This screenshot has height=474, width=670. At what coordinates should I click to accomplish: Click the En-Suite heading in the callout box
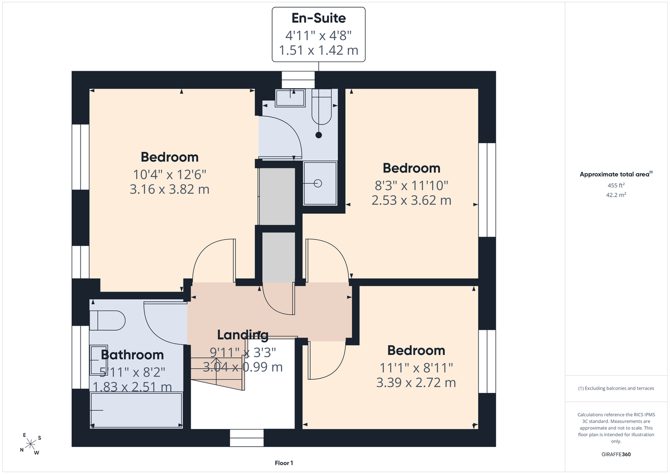pos(319,18)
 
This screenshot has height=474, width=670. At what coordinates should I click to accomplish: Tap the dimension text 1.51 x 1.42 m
pos(319,50)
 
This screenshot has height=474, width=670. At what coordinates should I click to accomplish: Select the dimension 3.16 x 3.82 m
pos(169,189)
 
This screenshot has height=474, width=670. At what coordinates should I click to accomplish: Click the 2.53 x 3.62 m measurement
pos(411,201)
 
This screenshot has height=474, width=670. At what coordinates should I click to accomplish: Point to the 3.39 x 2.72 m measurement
pos(416,383)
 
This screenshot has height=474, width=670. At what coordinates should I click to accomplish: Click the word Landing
pos(243,335)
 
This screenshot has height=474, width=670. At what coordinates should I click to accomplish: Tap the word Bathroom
pos(132,355)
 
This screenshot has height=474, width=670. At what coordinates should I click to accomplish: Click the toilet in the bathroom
pos(107,320)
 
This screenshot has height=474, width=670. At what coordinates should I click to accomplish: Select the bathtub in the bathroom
pos(137,410)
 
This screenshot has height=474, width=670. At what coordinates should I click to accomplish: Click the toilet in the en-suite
pos(321,107)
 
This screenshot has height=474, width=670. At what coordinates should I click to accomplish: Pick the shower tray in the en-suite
pos(320,183)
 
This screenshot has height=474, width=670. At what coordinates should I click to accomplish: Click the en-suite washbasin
pos(290,98)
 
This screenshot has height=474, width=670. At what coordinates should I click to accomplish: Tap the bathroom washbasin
pos(99,360)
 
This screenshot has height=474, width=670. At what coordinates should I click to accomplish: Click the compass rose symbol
pos(30,444)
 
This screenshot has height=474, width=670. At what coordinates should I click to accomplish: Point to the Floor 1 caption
pos(284,463)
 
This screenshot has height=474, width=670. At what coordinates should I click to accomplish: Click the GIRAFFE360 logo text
pos(616,454)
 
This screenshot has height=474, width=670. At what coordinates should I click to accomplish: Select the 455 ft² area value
pos(616,185)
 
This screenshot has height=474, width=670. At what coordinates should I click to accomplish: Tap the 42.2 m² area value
pos(616,195)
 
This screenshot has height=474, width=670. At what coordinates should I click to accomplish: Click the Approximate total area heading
pos(616,174)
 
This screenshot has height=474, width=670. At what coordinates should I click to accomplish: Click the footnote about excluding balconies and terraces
pos(616,388)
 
